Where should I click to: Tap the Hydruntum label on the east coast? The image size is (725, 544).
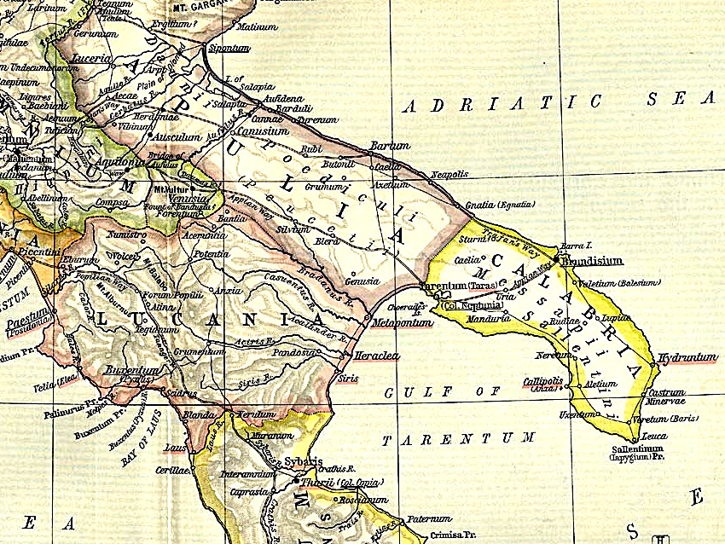[x=687, y=358]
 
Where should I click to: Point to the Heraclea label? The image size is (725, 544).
[x=377, y=356]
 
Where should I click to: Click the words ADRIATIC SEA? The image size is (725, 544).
[x=555, y=102]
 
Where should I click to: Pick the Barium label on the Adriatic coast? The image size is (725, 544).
[x=391, y=146]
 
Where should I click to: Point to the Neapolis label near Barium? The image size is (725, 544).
[x=449, y=174]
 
